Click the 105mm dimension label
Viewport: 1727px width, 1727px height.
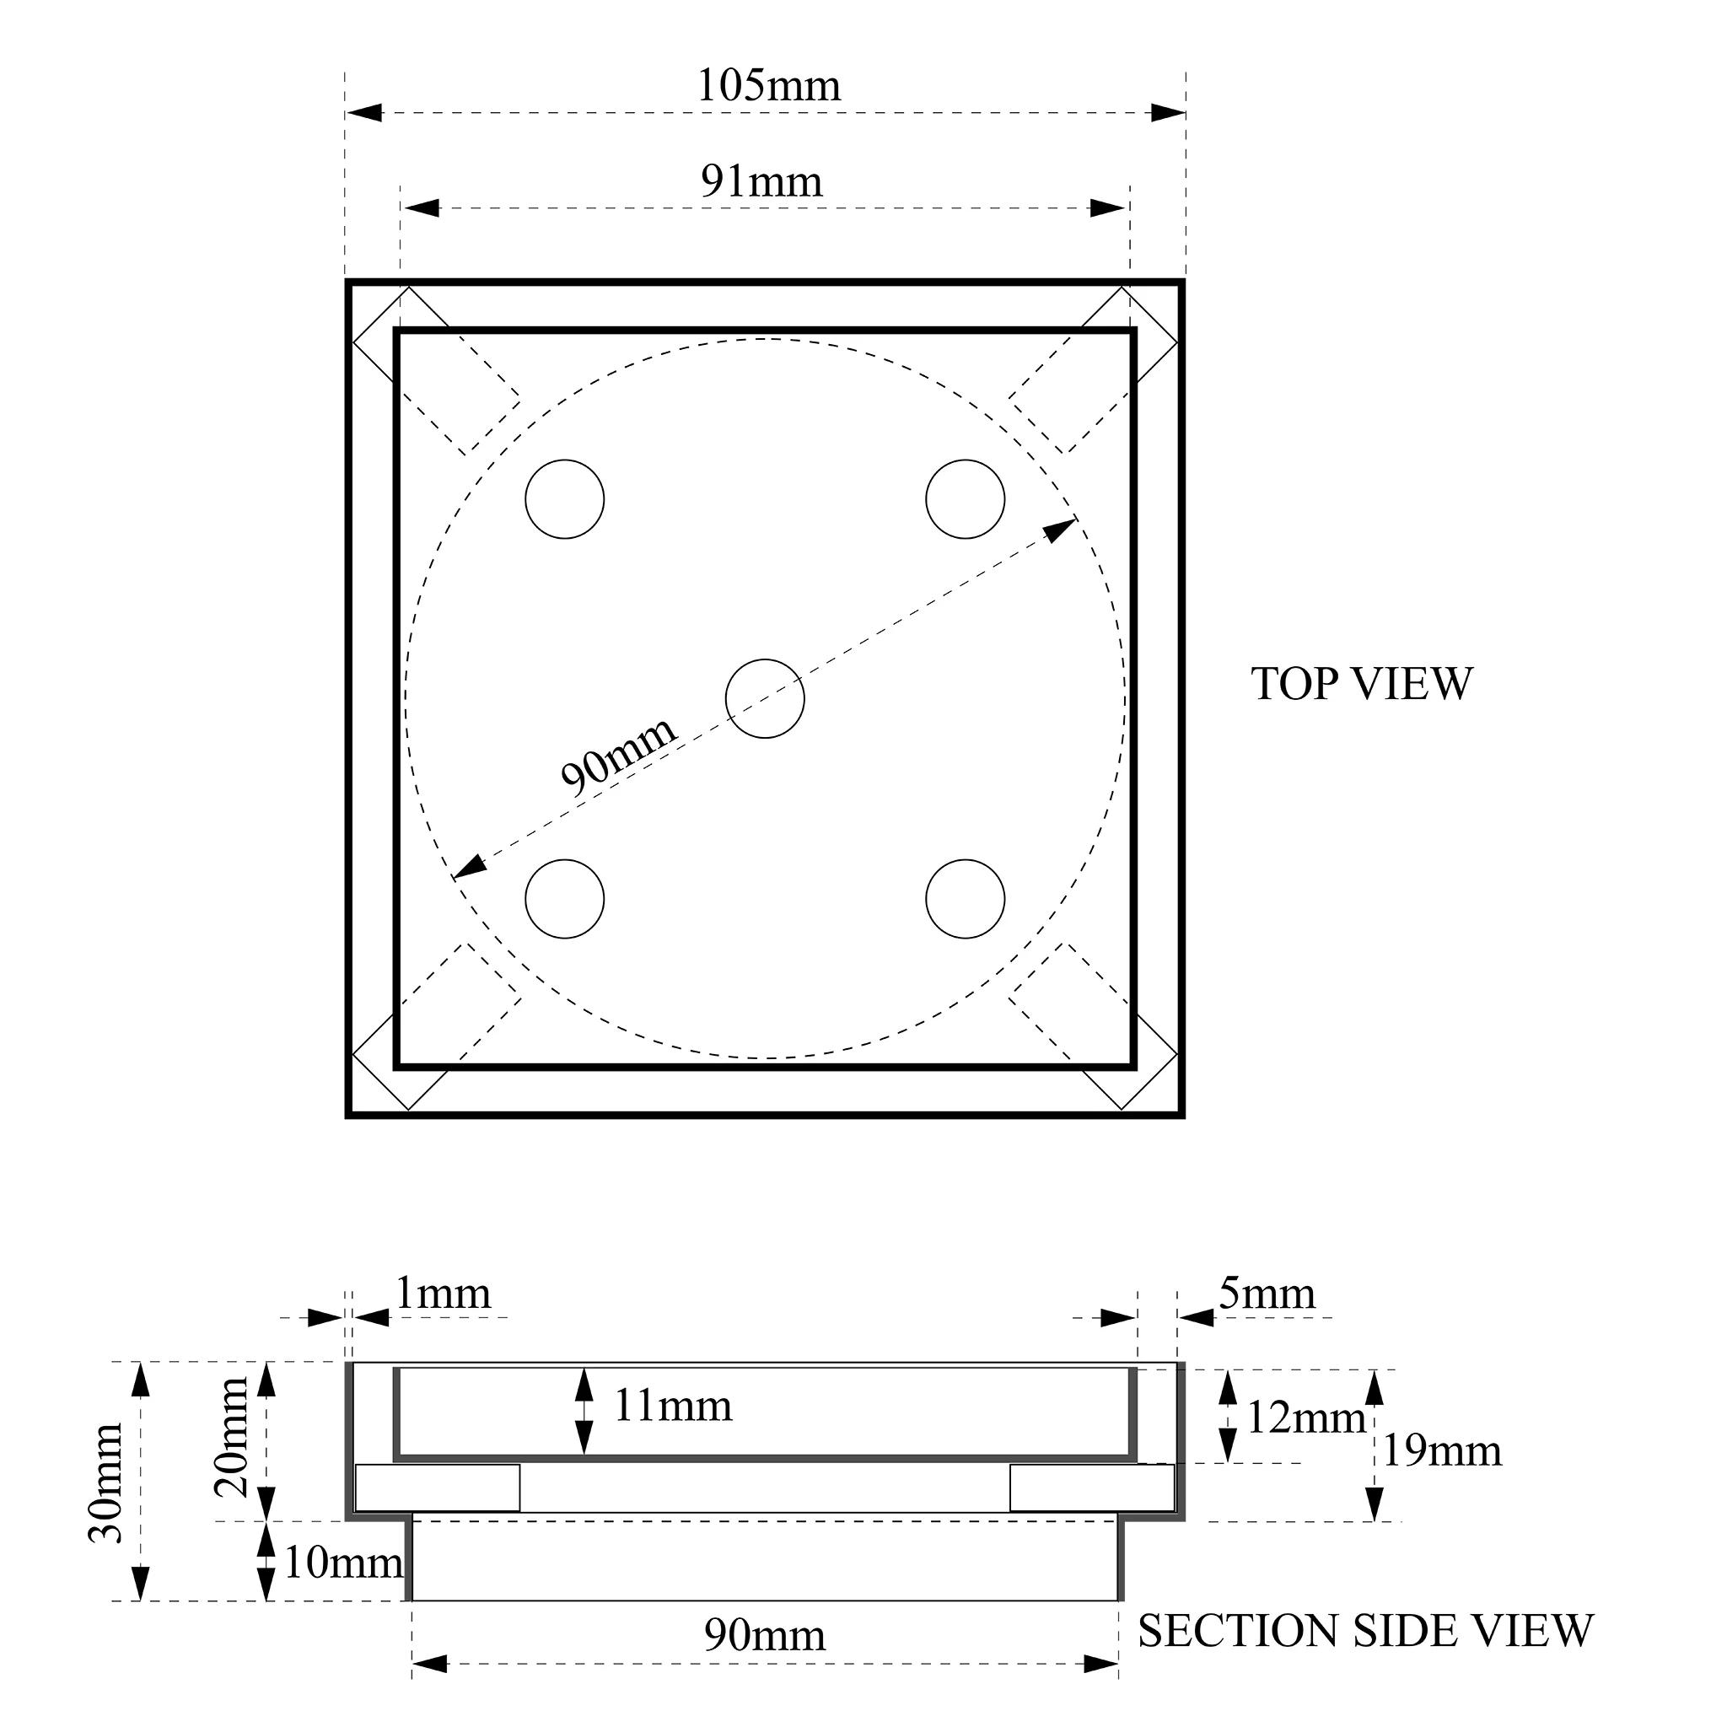(769, 86)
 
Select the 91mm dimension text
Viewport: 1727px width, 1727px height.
(761, 181)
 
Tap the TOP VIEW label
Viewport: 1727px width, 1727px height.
(1360, 684)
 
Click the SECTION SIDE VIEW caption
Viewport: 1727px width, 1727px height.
(1365, 1632)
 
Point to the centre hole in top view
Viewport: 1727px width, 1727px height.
(765, 699)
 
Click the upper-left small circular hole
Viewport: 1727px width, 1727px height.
(565, 500)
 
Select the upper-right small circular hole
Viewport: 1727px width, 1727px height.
(966, 500)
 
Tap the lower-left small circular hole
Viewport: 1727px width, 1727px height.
(565, 899)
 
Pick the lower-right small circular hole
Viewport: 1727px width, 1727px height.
(966, 899)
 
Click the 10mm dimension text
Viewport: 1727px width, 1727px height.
(343, 1563)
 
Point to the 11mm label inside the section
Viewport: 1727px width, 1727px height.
(672, 1406)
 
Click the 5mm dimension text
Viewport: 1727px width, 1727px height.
(1267, 1294)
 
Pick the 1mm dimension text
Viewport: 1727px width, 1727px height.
(443, 1294)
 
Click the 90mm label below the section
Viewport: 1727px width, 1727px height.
(765, 1636)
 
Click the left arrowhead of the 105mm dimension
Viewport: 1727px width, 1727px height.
(363, 113)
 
